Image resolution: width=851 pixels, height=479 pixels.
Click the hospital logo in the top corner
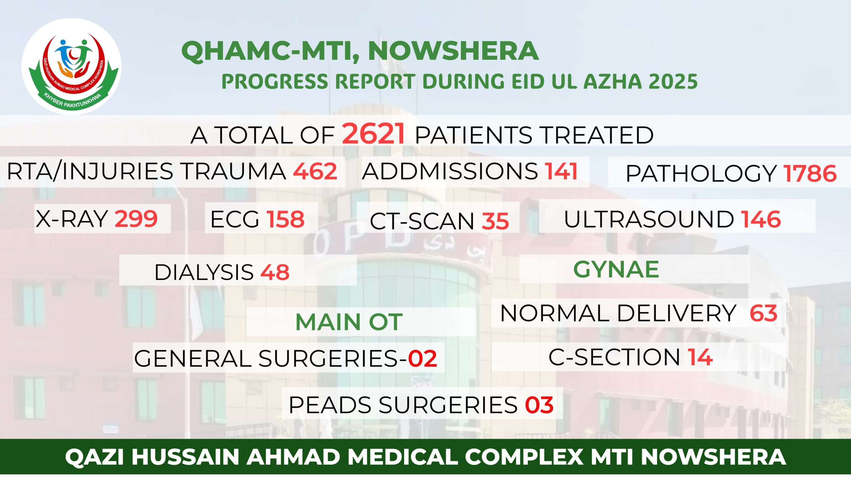point(71,67)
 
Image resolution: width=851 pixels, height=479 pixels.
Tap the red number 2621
point(374,134)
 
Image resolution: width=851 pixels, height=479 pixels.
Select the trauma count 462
point(315,171)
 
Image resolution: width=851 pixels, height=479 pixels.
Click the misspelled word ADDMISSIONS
point(450,171)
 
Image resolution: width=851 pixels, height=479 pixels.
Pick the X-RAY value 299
point(136,219)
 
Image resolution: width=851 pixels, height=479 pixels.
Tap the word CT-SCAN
point(422,221)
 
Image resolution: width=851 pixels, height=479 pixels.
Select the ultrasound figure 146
point(761,219)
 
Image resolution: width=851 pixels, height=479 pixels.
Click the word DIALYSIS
point(204,272)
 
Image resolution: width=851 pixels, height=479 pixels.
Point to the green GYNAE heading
point(616,269)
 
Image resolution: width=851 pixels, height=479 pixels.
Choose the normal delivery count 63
point(764,313)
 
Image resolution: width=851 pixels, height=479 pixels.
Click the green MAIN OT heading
point(349,322)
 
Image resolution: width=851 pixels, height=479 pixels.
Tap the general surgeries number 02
point(423,359)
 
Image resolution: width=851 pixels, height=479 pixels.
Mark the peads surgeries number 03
point(539,405)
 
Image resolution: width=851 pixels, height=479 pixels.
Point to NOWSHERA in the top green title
point(453,51)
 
